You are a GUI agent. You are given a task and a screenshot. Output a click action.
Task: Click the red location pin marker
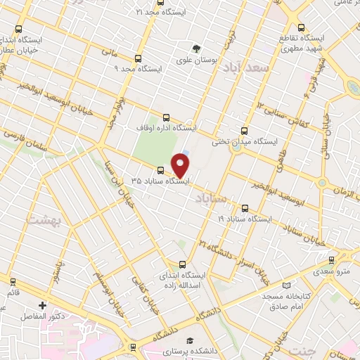click(181, 166)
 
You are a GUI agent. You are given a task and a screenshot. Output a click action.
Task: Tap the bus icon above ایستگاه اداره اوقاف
click(166, 117)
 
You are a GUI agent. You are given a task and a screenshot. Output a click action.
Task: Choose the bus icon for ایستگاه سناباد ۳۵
click(161, 170)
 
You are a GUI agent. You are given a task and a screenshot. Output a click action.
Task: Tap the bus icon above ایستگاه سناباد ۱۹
click(245, 208)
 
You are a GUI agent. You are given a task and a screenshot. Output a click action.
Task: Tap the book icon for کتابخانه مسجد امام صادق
click(286, 285)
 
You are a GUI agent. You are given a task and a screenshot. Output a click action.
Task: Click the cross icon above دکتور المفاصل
click(44, 306)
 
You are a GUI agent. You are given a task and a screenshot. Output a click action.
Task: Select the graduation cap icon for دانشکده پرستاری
click(187, 340)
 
